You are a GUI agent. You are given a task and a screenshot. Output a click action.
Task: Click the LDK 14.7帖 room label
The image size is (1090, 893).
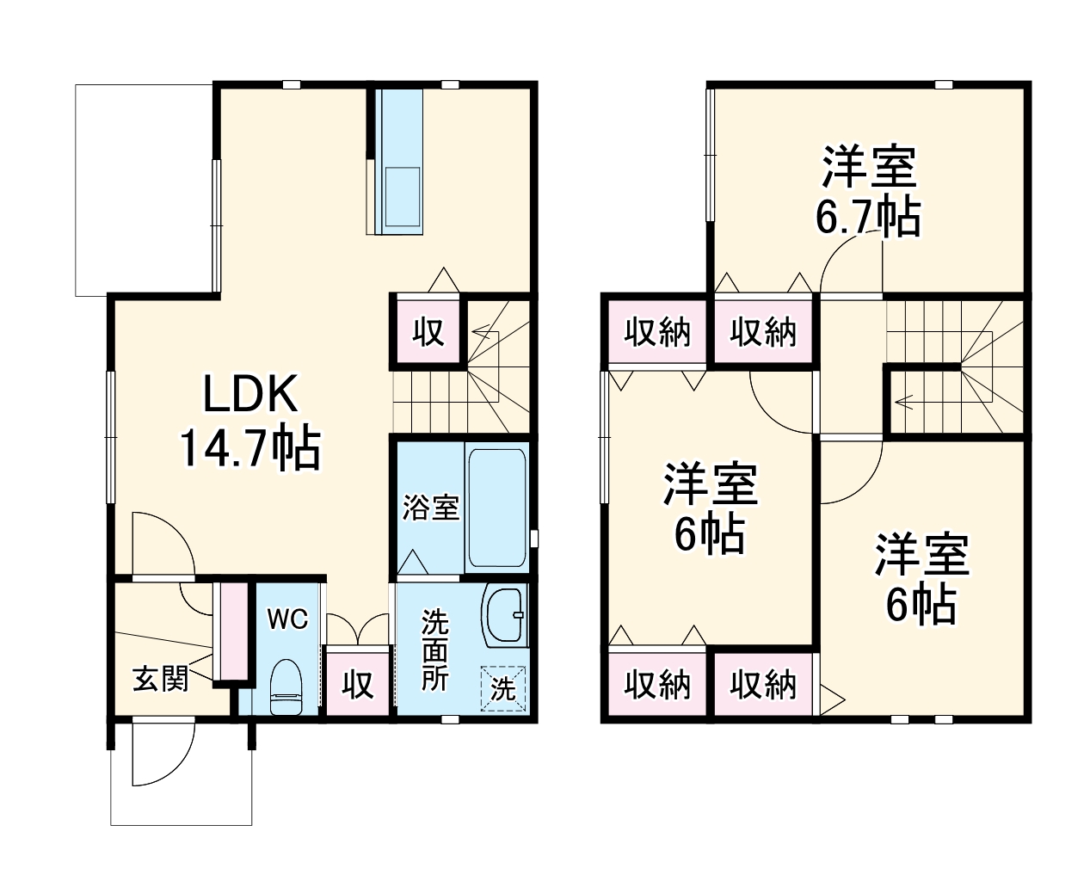pyautogui.click(x=249, y=422)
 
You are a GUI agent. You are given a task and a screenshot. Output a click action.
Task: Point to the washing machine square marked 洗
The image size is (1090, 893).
pyautogui.click(x=502, y=688)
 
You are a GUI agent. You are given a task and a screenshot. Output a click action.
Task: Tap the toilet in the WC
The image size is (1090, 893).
pyautogui.click(x=285, y=685)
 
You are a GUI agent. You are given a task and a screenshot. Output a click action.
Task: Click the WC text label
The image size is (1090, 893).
pyautogui.click(x=286, y=619)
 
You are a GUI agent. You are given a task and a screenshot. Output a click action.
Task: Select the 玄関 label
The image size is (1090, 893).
pyautogui.click(x=160, y=679)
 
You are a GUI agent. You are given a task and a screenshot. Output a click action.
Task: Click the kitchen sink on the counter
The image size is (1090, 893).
pyautogui.click(x=402, y=197)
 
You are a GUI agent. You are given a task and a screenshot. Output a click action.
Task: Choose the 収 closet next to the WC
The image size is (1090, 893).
pyautogui.click(x=358, y=684)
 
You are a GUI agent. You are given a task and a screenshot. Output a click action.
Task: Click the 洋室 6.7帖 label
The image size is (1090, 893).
pyautogui.click(x=867, y=192)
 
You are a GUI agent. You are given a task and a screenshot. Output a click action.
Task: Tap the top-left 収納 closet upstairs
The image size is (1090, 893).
pyautogui.click(x=657, y=332)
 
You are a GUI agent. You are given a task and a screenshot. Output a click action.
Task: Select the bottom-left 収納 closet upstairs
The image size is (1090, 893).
pyautogui.click(x=657, y=685)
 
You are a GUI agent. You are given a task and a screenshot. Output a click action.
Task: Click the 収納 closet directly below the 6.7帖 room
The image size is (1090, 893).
pyautogui.click(x=763, y=332)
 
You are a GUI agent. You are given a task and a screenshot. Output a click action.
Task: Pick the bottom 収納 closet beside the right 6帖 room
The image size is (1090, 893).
pyautogui.click(x=763, y=685)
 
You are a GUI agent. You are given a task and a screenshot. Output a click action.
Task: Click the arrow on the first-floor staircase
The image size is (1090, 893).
pyautogui.click(x=483, y=328)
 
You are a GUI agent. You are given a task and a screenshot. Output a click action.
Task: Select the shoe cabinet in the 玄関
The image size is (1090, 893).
pyautogui.click(x=230, y=632)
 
